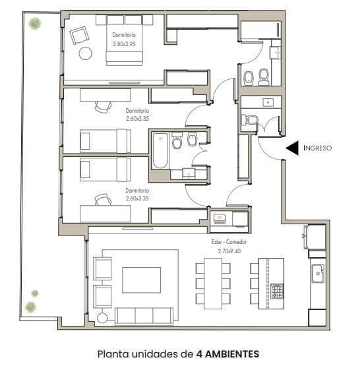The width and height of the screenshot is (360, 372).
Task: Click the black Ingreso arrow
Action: pos(292,148)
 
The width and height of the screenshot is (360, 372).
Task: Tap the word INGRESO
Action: pos(317,148)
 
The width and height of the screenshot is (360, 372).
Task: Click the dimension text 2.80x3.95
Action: pos(124,44)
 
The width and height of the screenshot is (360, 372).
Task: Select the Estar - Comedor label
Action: pos(229,242)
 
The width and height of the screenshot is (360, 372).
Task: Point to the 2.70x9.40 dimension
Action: pos(229,251)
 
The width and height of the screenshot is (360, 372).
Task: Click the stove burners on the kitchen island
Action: pos(277,291)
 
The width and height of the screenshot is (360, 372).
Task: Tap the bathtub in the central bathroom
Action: pos(160,151)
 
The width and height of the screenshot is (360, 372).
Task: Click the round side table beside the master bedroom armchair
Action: pos(85,53)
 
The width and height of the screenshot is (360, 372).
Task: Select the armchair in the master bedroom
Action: pos(79,36)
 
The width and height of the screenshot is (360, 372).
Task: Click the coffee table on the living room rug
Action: pos(142,280)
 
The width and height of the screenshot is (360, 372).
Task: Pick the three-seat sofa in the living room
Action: pos(144,317)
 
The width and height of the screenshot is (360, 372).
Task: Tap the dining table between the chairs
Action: pos(213,284)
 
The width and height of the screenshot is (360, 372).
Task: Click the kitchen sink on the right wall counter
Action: pos(318,273)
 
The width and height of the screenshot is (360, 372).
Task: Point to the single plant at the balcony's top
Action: pos(35,24)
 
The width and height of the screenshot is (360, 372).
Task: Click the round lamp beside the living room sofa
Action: pos(102,319)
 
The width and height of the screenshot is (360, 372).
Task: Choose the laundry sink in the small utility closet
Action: pos(220,218)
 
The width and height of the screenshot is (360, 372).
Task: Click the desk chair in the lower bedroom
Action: pos(103,199)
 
